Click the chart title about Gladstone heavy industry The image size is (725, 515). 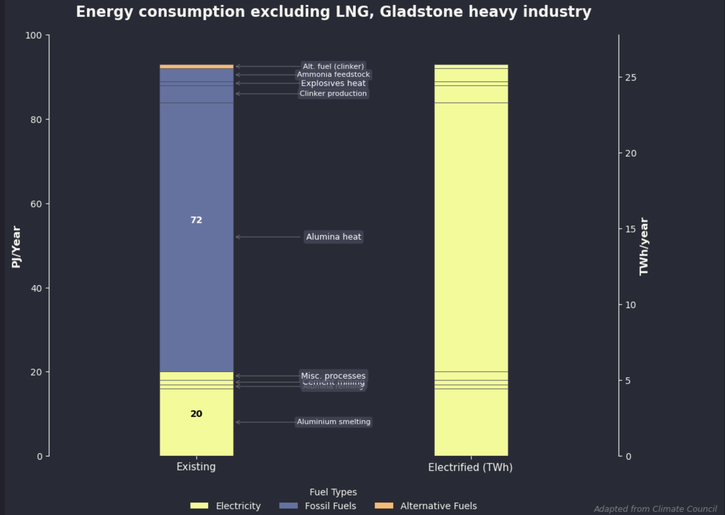(x=333, y=12)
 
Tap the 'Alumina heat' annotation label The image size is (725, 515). (x=333, y=237)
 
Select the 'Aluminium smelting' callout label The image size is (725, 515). (x=333, y=422)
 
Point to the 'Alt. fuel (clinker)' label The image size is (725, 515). (x=333, y=66)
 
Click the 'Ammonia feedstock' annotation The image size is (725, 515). (x=333, y=74)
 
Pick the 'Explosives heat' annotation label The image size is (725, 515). (x=333, y=83)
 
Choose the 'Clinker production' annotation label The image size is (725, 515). (x=333, y=94)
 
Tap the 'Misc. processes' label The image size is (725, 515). (x=333, y=376)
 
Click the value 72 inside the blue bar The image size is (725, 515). (x=196, y=220)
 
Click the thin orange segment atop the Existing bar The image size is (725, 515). (x=196, y=67)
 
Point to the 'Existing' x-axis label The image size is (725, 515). (x=196, y=467)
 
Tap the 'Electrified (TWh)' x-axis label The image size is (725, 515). (x=470, y=468)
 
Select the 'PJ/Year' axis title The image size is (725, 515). (x=16, y=247)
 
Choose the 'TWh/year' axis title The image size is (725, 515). (x=644, y=247)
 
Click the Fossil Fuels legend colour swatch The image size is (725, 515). (x=288, y=505)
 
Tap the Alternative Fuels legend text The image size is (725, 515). (x=439, y=506)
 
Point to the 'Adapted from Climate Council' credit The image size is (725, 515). (x=655, y=509)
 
